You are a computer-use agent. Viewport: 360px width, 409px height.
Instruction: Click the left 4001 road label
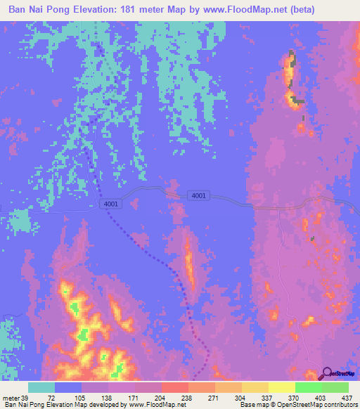(110, 204)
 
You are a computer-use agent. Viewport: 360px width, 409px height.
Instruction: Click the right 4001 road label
(198, 195)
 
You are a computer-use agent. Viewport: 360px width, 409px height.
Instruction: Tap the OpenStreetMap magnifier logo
(328, 375)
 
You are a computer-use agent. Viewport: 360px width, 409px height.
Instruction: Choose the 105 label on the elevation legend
(82, 397)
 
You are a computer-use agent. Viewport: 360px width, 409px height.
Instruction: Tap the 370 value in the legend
(295, 397)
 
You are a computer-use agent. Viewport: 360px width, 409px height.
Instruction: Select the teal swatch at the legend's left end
(41, 387)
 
